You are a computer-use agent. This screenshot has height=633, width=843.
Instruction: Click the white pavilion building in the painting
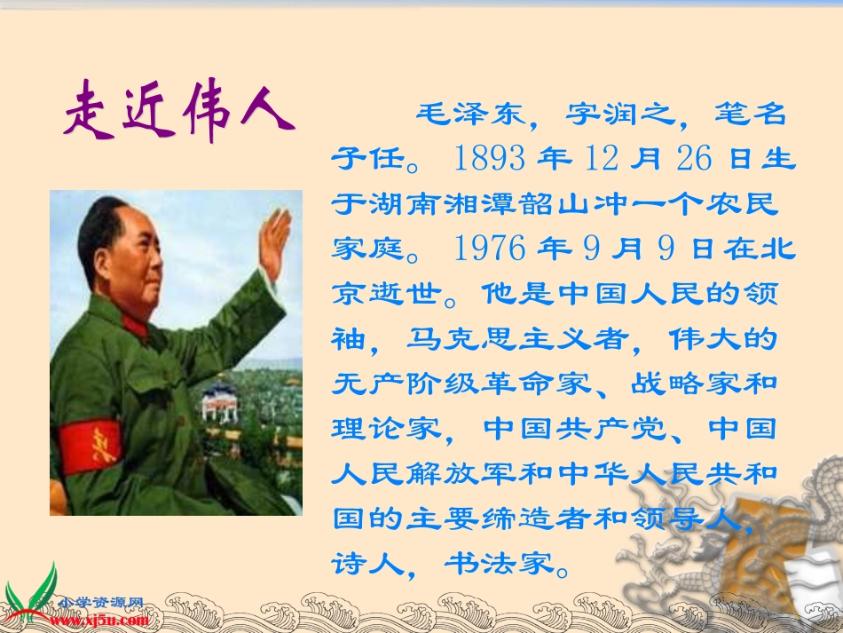[x=220, y=401]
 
